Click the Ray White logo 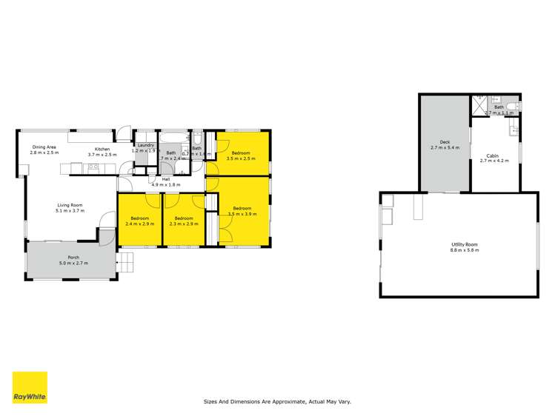(x=30, y=388)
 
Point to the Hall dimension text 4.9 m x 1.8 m (x=155, y=184)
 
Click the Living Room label (x=70, y=208)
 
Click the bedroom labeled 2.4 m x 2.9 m (x=140, y=221)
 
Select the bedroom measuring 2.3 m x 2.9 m (x=183, y=221)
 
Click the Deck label (x=445, y=144)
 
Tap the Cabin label (x=493, y=158)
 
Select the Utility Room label (x=465, y=246)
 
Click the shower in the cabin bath (x=482, y=107)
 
